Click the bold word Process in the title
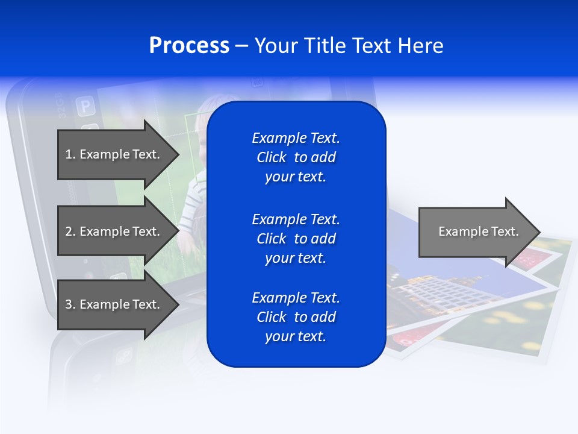point(189,46)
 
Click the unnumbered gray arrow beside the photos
point(476,232)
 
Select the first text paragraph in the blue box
point(296,157)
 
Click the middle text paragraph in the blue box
point(296,238)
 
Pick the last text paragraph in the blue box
point(296,317)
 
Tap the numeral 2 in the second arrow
point(69,231)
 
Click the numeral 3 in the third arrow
point(69,304)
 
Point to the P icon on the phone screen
point(85,107)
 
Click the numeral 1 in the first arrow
point(69,154)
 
